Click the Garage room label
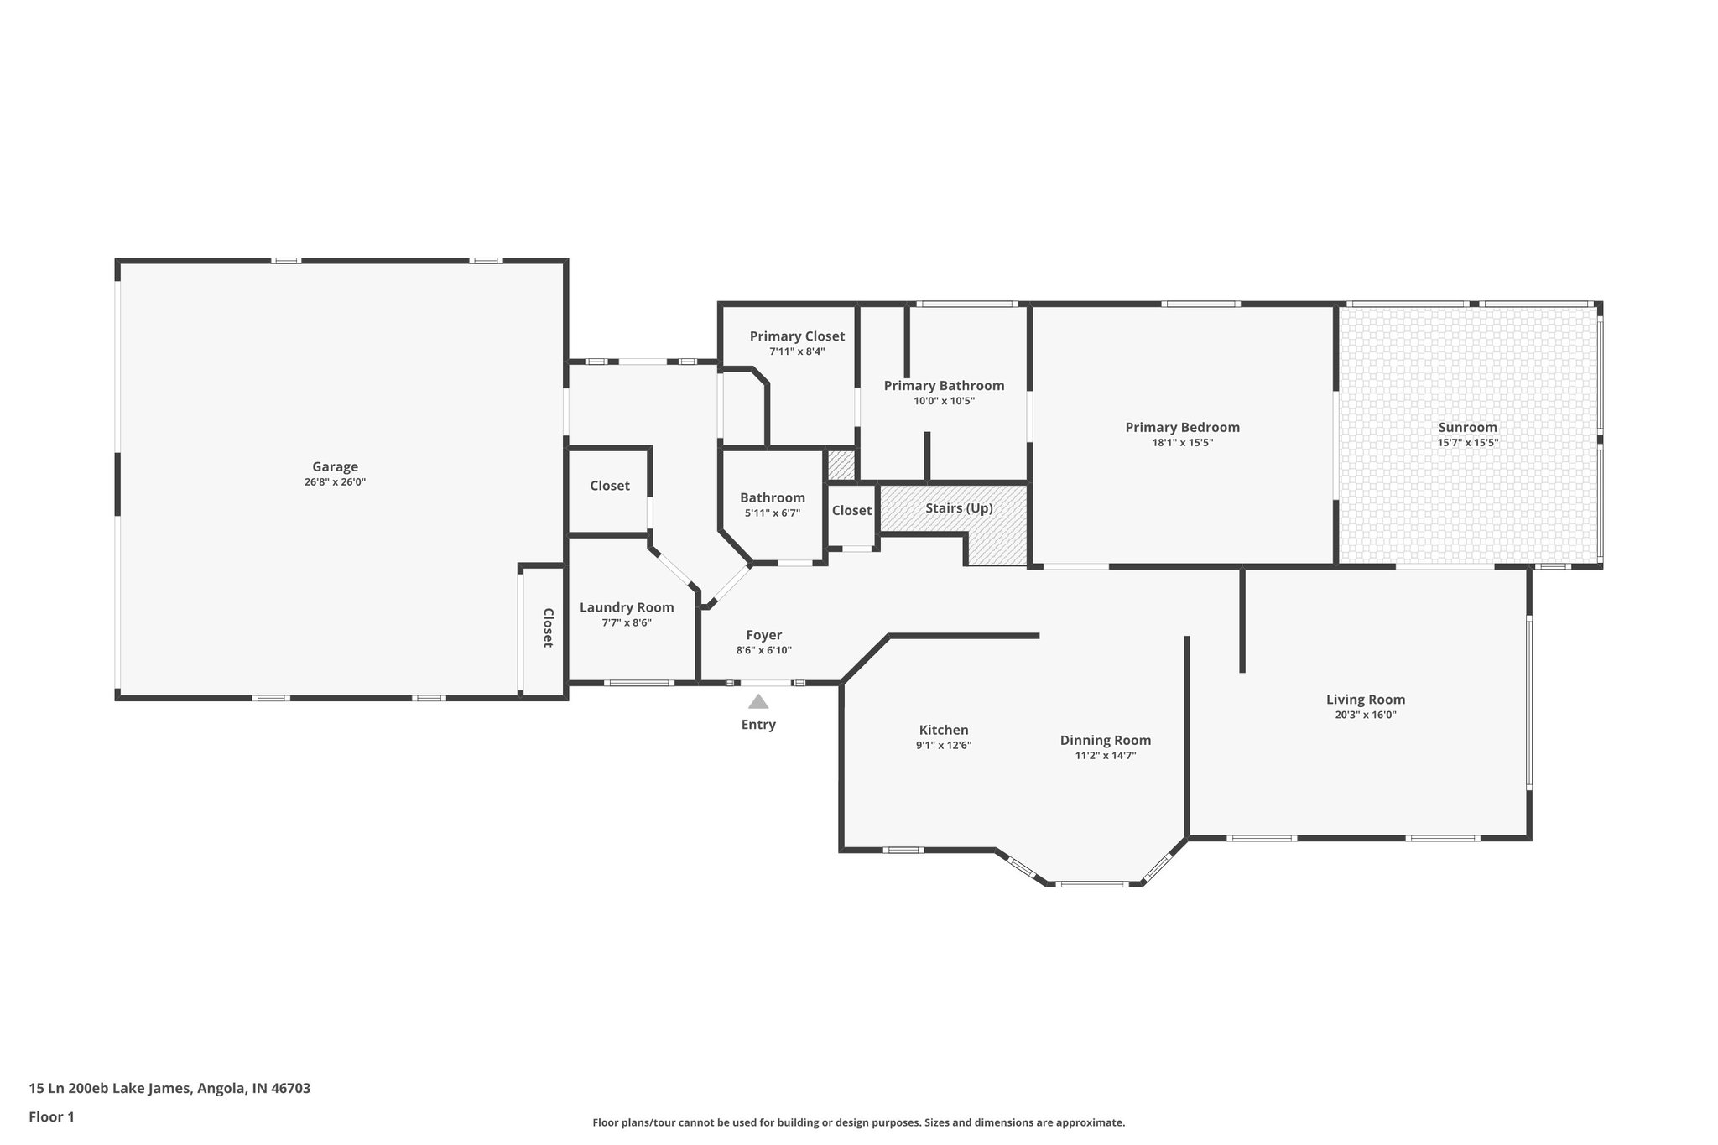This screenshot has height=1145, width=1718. point(335,467)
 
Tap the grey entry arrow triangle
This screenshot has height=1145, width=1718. point(758,701)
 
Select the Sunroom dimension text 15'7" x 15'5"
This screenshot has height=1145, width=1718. point(1467,443)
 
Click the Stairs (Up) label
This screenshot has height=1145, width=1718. point(959,508)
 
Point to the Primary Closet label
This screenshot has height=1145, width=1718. point(797,336)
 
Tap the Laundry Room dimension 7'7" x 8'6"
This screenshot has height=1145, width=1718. point(627,622)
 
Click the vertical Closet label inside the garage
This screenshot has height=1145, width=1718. point(547,627)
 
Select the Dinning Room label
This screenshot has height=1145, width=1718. point(1105,740)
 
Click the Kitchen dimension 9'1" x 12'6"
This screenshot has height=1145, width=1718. point(944,745)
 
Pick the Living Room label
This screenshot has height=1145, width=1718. point(1365,700)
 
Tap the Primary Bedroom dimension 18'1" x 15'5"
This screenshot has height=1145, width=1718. point(1182,443)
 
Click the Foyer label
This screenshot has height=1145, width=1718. point(763,635)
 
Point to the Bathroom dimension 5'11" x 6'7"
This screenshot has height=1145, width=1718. point(772,513)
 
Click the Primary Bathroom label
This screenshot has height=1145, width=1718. point(944,386)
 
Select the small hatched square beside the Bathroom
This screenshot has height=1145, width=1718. point(841,465)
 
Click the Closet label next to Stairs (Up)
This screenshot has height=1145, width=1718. point(851,510)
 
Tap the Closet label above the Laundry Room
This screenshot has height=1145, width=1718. point(609,486)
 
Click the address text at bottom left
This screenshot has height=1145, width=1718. point(169,1088)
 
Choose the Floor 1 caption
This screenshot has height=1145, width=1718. point(51,1116)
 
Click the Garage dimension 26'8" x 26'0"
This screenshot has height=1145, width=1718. point(335,482)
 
